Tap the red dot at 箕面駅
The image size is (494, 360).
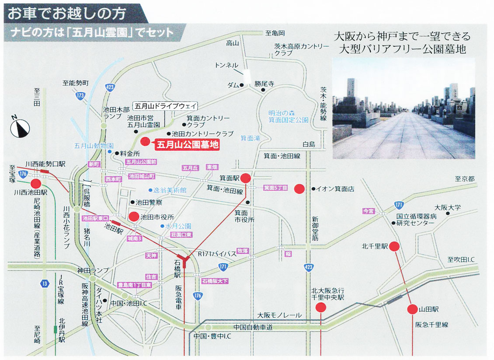(246, 178)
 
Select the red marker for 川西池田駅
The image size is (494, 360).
(35, 184)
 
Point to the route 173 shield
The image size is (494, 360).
(80, 95)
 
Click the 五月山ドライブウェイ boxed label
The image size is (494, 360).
(166, 106)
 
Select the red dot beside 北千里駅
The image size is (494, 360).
(394, 246)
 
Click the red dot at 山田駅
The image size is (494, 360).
(412, 309)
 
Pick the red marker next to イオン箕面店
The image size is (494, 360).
(299, 189)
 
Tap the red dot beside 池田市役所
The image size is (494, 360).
(133, 217)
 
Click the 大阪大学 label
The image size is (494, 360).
(447, 208)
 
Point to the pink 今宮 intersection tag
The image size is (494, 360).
(369, 211)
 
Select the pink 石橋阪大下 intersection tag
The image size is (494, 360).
(215, 280)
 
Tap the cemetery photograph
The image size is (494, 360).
(403, 109)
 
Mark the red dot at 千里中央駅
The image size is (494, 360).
(321, 308)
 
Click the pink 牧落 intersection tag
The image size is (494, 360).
(243, 251)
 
